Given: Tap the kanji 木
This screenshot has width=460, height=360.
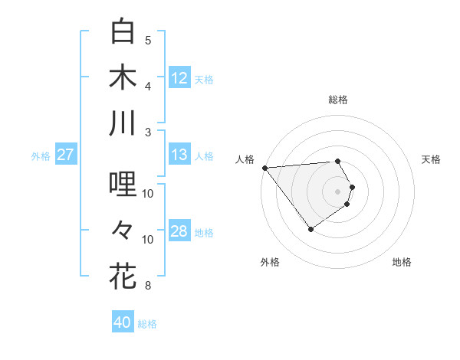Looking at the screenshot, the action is coord(123,77).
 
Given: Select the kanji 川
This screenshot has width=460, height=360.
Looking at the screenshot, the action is coord(123,123).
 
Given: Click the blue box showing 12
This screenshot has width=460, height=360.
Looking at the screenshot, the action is coord(179,77).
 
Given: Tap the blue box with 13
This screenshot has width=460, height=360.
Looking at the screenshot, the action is coord(179,155).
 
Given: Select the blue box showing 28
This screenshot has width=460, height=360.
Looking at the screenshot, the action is coord(179,232).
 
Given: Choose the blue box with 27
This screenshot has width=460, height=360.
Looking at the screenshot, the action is coord(65,155).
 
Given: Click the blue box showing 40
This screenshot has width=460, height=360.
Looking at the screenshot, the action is coord(123,322).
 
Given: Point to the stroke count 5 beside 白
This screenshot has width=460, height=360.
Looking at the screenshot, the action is coord(148,40).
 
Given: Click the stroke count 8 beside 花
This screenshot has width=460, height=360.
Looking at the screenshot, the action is coord(148,286).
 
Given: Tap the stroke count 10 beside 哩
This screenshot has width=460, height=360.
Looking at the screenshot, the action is coord(148,193).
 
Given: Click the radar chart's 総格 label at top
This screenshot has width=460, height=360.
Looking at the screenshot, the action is coord(338,100).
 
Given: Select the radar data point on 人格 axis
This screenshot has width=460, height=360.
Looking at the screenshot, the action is coord(264,167).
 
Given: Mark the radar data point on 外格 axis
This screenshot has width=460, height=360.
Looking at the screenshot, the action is coord(310,229).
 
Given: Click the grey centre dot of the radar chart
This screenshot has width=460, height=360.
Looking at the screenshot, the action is coord(338,190).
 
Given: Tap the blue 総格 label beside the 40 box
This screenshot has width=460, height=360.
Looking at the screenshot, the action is coord(147,324).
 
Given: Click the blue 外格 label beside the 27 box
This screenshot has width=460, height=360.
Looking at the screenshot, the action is coord(41,156).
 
